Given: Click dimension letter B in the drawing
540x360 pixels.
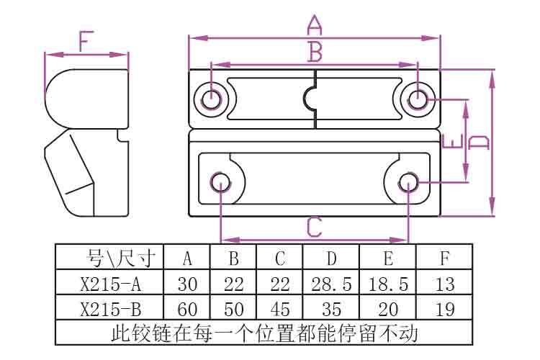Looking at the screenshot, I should (315, 52).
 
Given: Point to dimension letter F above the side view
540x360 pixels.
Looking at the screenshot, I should (86, 42).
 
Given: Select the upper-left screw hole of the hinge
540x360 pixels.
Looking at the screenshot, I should (212, 98).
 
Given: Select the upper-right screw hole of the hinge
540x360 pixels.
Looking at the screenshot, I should (418, 98).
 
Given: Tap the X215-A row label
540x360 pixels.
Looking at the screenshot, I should (110, 284).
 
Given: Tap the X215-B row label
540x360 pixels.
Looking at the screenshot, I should (110, 310).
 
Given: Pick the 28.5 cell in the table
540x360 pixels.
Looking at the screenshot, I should (331, 284).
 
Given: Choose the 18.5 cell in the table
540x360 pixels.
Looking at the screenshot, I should (388, 284).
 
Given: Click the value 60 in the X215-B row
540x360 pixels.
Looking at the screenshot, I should (187, 310).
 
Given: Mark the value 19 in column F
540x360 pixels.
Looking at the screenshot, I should (445, 310).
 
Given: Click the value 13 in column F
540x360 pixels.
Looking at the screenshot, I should (445, 284).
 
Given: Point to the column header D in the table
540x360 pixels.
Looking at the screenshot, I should (331, 258).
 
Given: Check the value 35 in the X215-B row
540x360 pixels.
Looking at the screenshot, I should (331, 310).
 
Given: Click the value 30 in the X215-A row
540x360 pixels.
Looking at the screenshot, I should (187, 284).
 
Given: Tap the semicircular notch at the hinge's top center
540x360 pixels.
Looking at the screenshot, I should (315, 99).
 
